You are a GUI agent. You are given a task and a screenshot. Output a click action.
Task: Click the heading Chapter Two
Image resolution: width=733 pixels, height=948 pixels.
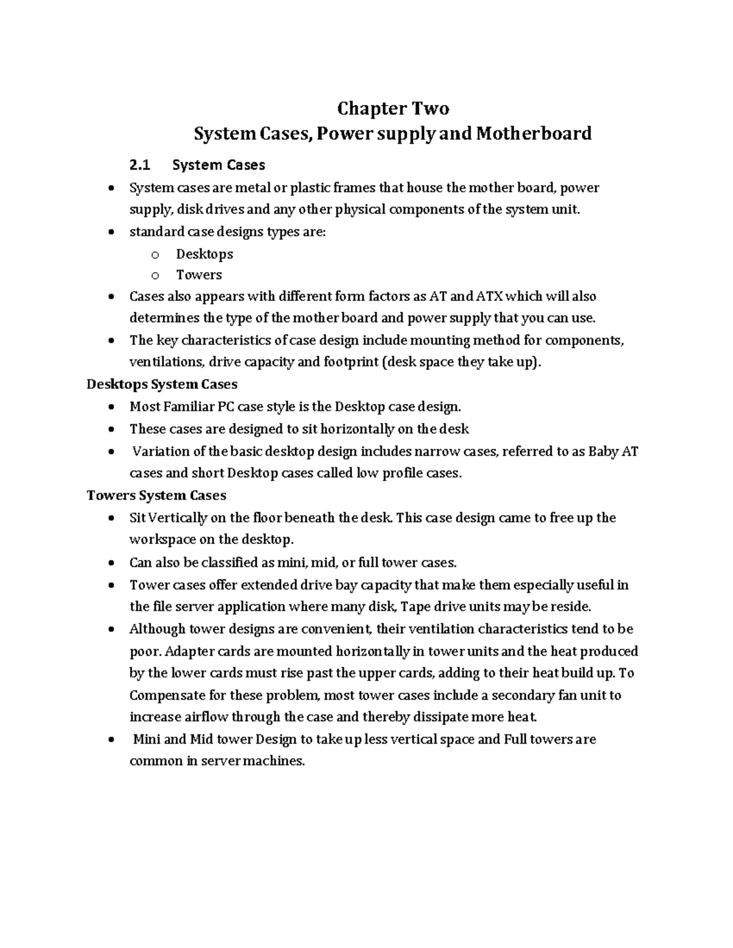coord(393,109)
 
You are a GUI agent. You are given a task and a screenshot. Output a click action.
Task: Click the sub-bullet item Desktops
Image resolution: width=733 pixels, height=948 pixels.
coord(205,254)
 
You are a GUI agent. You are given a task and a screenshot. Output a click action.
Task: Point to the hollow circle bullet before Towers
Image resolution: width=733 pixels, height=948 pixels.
coord(155,275)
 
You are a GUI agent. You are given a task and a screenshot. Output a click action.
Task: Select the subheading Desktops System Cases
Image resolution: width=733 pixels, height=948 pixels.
coord(162,384)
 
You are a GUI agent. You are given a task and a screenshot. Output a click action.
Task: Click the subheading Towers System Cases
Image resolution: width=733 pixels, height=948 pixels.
coord(156,495)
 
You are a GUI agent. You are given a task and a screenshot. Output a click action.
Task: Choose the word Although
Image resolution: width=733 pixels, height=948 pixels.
coord(158,629)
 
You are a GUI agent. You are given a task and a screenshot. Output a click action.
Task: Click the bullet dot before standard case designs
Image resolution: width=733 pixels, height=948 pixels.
coord(110,233)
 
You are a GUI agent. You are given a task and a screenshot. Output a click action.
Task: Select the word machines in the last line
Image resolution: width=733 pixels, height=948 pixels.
coord(278,761)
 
